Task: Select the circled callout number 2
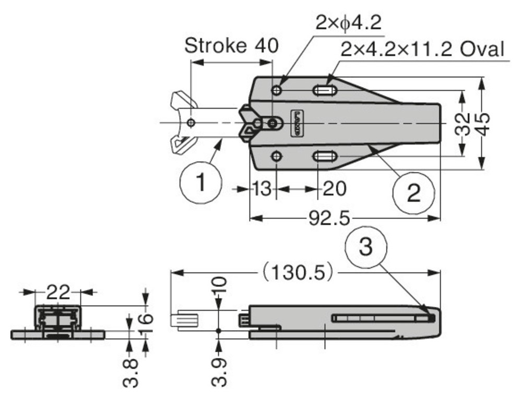413,193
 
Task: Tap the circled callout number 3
367,246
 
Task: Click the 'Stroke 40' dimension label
231,45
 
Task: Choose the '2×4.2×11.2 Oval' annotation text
422,50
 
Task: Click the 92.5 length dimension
330,217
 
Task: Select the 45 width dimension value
483,124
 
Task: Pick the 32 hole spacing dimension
462,124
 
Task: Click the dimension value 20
334,189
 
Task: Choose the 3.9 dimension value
220,371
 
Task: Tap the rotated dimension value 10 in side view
220,285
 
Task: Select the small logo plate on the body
296,123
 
